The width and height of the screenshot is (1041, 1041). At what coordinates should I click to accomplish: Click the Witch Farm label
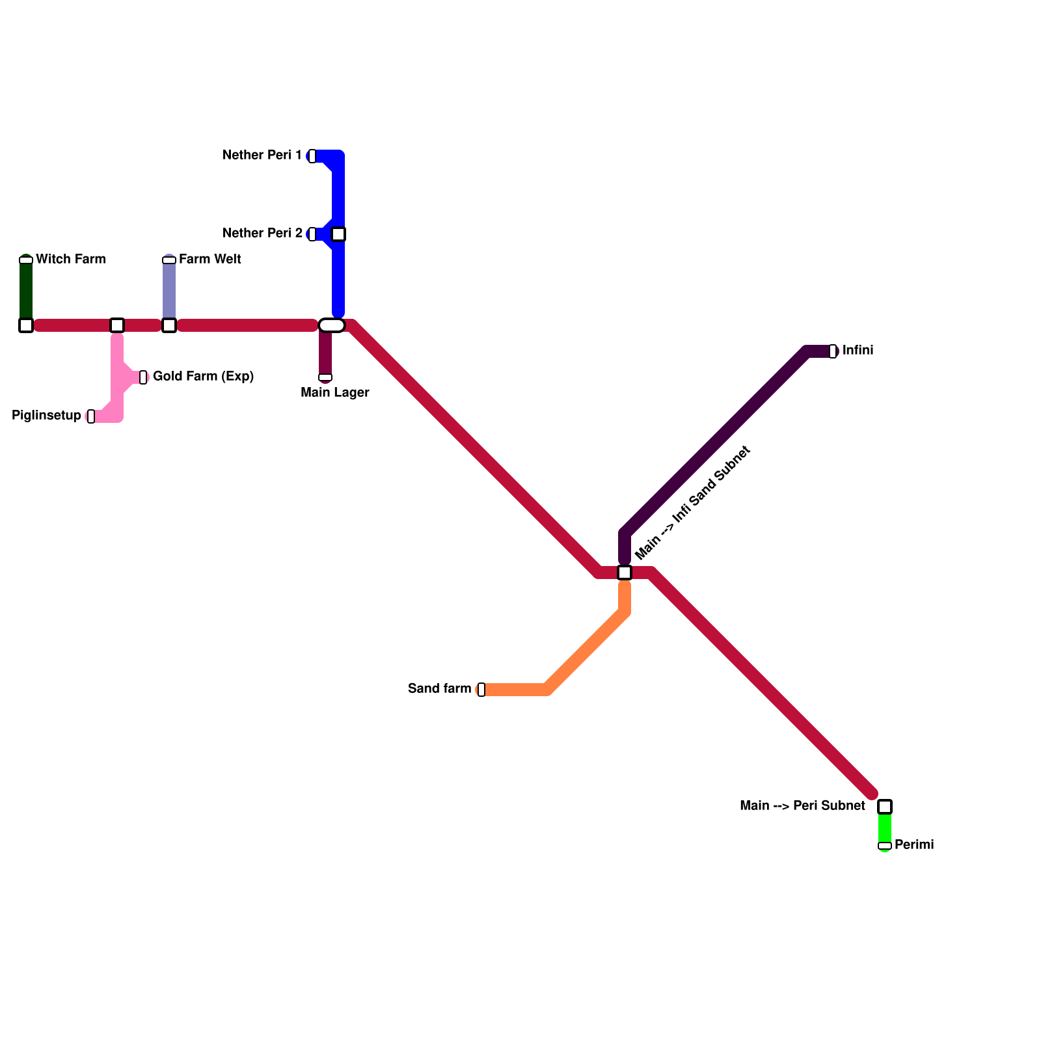point(70,260)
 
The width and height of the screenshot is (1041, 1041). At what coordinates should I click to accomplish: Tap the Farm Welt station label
point(210,260)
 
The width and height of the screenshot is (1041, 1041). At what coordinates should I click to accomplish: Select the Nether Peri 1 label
point(262,155)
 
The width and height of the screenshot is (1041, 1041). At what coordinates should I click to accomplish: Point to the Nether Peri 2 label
point(262,234)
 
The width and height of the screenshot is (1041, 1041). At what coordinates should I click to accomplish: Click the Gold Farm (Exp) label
point(203,377)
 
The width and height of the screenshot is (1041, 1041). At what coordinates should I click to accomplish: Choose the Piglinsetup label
point(46,416)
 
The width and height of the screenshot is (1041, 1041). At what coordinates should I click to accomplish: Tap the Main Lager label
point(334,393)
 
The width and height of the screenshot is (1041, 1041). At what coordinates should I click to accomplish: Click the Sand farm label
point(439,689)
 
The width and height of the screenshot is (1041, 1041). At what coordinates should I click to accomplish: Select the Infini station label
point(858,351)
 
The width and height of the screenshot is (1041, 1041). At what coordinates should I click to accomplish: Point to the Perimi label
point(914,845)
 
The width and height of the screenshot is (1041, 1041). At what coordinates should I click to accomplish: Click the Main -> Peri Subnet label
point(802,806)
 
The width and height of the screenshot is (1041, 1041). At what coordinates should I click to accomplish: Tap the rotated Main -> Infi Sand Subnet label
point(693,503)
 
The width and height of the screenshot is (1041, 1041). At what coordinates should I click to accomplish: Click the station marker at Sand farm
point(481,690)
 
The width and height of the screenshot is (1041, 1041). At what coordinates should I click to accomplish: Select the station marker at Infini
point(833,351)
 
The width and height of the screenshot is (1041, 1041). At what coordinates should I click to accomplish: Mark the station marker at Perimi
point(885,846)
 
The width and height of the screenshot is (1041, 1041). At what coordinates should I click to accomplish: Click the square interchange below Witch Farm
point(26,325)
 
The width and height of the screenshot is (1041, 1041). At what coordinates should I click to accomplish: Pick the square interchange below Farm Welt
point(169,325)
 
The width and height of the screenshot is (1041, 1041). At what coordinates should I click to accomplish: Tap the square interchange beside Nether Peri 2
point(338,234)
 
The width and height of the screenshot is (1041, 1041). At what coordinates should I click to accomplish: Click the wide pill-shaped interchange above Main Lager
point(332,325)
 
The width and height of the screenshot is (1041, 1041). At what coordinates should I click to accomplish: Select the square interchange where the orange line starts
point(625,573)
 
